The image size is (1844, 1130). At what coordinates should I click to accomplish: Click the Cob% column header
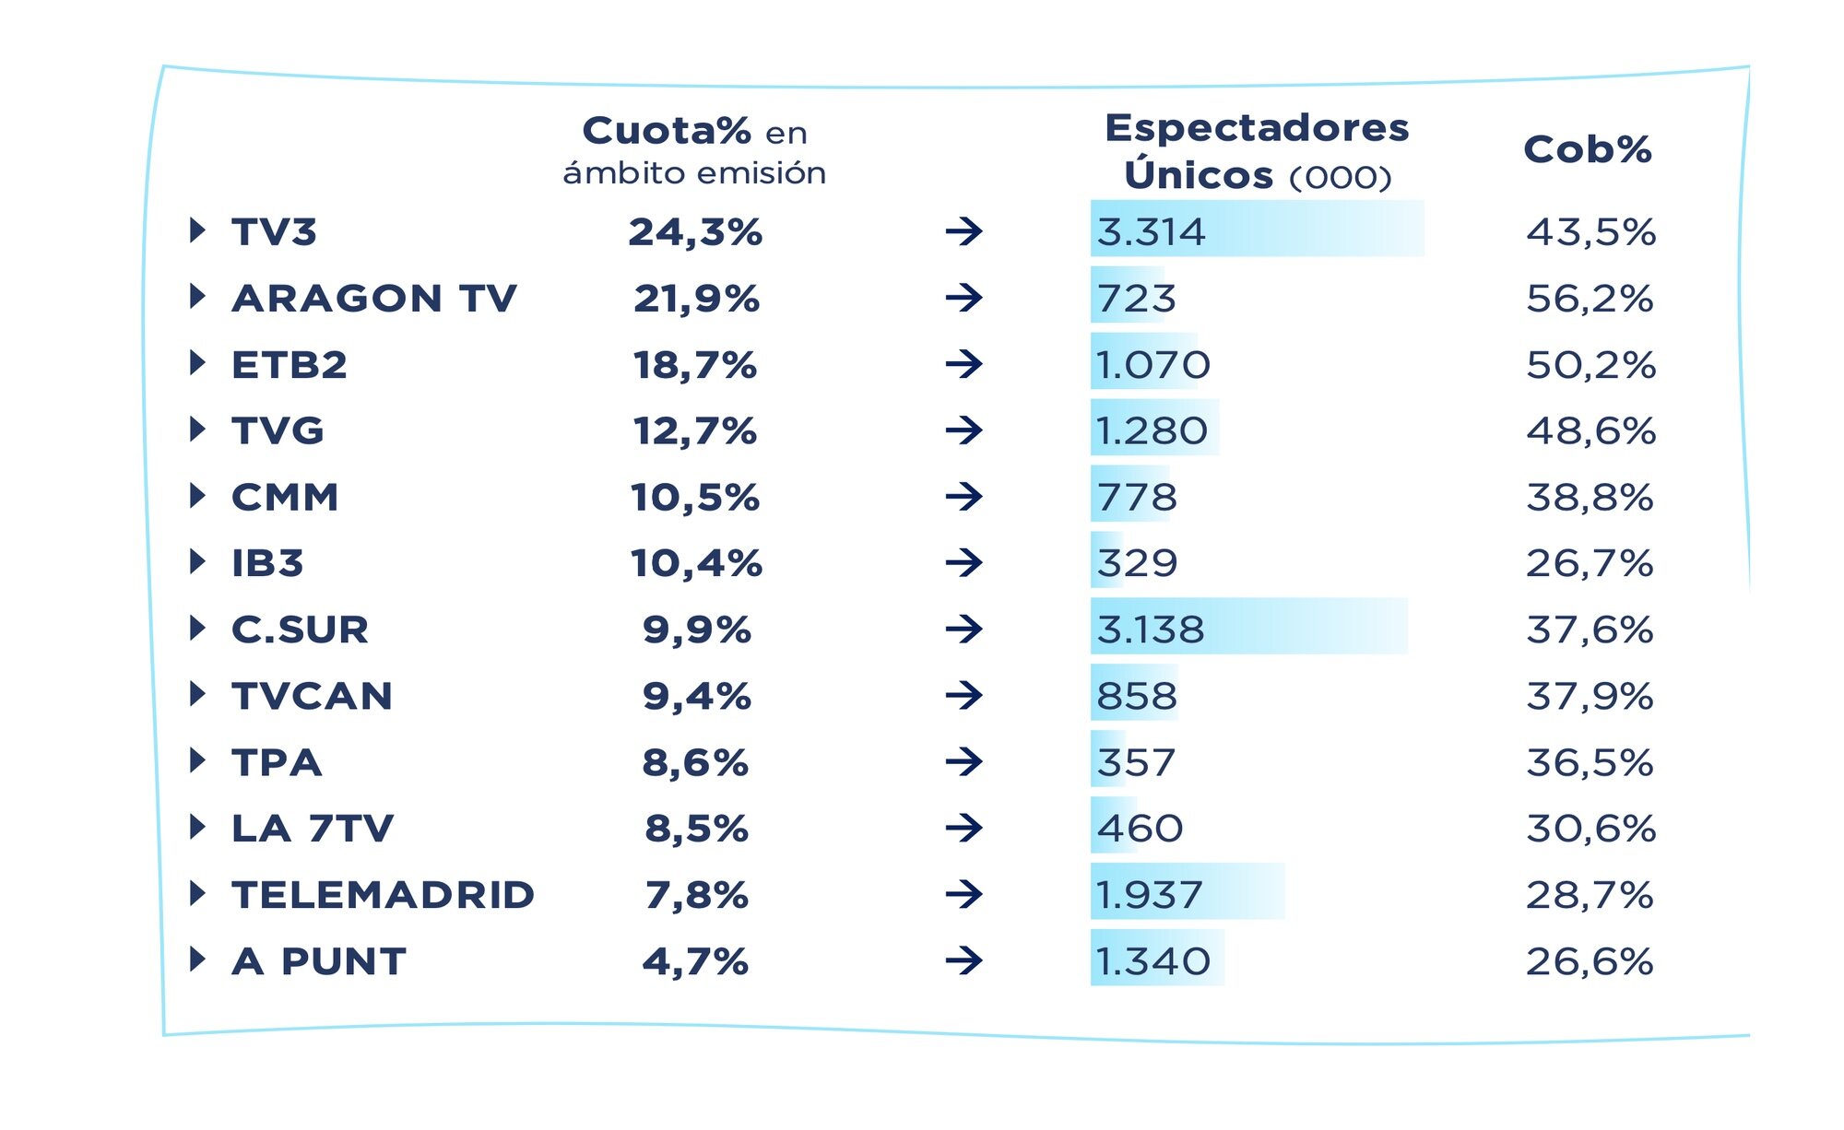tap(1587, 149)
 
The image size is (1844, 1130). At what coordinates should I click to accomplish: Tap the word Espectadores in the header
tap(1257, 128)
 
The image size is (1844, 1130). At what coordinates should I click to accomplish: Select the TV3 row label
tap(274, 231)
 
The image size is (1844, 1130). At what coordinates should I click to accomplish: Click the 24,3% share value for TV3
tap(695, 231)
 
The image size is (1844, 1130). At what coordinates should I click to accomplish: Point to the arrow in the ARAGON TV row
tap(963, 298)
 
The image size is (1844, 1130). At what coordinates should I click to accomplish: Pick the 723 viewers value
tap(1136, 298)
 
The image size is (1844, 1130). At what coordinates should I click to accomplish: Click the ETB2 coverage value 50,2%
tap(1590, 365)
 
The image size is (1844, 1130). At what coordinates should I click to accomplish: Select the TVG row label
tap(278, 430)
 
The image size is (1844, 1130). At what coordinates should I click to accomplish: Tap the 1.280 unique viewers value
tap(1152, 430)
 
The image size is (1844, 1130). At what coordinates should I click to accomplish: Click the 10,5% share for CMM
tap(695, 498)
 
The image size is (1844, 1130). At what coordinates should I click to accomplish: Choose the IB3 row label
tap(267, 563)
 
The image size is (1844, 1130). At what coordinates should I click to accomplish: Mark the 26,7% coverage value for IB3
tap(1590, 563)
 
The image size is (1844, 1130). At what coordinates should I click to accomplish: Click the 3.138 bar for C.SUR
tap(1248, 630)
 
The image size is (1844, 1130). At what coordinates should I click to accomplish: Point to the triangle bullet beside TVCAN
tap(196, 694)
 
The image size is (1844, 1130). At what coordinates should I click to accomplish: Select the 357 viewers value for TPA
tap(1136, 762)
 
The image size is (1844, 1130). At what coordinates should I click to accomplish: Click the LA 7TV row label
tap(313, 829)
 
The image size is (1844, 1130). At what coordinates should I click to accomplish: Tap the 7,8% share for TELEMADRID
tap(696, 895)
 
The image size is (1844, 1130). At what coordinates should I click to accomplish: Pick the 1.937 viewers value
tap(1149, 895)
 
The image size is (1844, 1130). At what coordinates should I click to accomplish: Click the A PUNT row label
tap(319, 961)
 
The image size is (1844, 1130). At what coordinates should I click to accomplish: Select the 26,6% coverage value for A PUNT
tap(1590, 961)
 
